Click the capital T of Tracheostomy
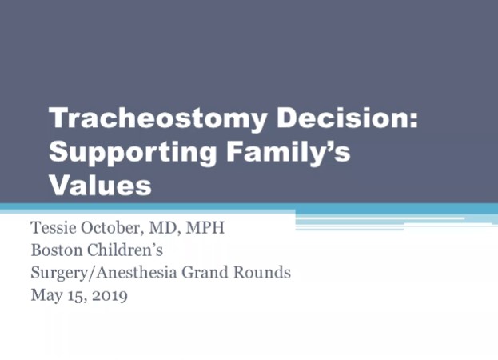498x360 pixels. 58,121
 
